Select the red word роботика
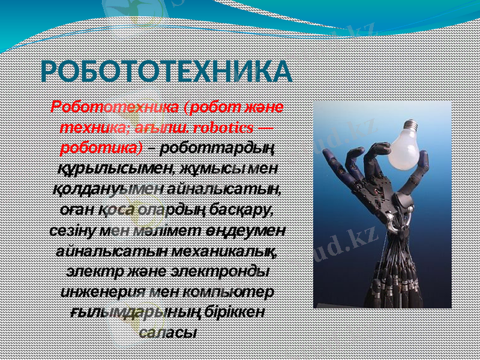pyautogui.click(x=99, y=147)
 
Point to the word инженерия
pyautogui.click(x=97, y=292)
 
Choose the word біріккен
pyautogui.click(x=232, y=312)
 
